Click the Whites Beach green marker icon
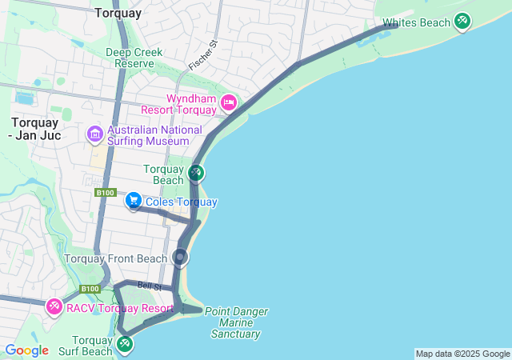point(462,22)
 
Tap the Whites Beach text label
point(416,23)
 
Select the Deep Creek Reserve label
point(134,58)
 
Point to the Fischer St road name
point(202,54)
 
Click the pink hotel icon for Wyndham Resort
point(229,102)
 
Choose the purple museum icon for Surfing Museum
point(95,133)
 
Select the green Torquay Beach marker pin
point(196,172)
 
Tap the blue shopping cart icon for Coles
point(134,201)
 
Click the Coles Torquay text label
point(181,202)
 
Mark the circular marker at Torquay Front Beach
point(181,258)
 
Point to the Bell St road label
point(149,286)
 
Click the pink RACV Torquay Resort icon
point(54,306)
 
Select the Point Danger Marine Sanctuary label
point(236,322)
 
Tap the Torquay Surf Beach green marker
point(125,344)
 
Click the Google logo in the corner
point(26,350)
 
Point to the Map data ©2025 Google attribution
point(462,354)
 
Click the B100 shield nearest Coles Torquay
point(105,193)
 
